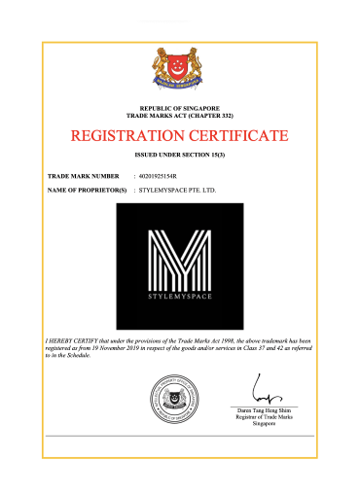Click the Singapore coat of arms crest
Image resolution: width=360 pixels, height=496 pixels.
click(179, 69)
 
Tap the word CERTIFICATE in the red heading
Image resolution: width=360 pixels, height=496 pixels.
click(234, 134)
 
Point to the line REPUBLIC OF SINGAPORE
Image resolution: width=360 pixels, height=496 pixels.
click(179, 107)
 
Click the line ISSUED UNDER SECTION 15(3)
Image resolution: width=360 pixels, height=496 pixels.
click(179, 155)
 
